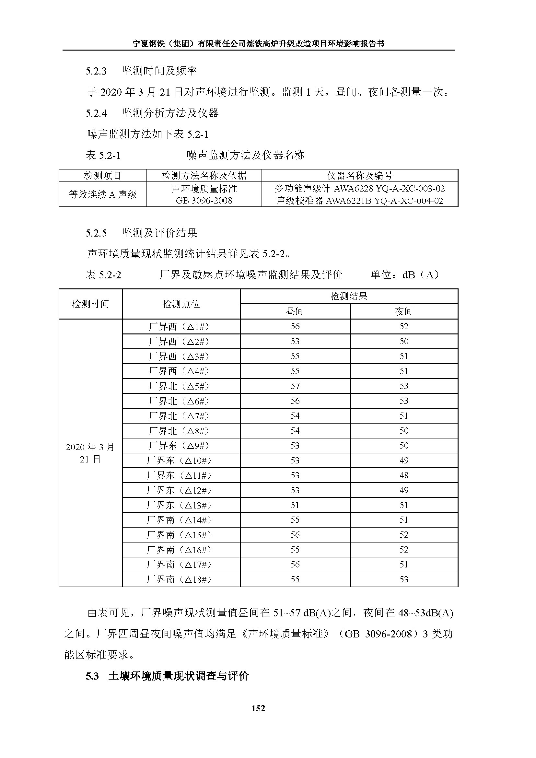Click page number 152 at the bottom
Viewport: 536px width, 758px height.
(258, 708)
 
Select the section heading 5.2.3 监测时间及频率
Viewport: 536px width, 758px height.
(141, 71)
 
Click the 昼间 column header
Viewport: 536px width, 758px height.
(295, 311)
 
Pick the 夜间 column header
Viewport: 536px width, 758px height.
(404, 311)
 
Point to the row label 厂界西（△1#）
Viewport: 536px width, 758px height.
(179, 327)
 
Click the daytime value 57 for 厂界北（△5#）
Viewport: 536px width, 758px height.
(295, 386)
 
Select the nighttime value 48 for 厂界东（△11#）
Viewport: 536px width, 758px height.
(404, 475)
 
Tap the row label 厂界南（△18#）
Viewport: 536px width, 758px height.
(179, 579)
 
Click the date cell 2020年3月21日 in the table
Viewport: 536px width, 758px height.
(90, 453)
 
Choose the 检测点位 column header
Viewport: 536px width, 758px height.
(181, 304)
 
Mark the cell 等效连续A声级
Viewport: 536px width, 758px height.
(103, 194)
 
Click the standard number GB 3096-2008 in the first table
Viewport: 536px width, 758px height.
(204, 200)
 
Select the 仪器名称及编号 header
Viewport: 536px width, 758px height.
(360, 176)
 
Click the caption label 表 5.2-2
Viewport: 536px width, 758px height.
(103, 275)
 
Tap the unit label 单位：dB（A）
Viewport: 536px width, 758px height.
(405, 275)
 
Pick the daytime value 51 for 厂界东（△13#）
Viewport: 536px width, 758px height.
(295, 505)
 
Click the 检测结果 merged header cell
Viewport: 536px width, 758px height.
(349, 296)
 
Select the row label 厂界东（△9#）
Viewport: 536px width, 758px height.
(179, 445)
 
